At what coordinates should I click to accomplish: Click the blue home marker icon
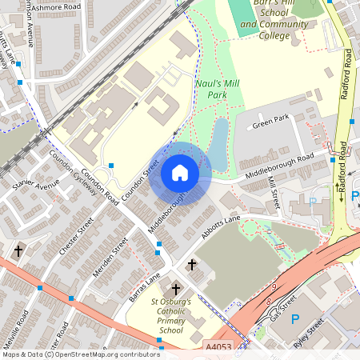(x=180, y=173)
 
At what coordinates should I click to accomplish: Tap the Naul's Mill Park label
(x=217, y=88)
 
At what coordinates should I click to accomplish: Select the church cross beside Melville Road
(x=18, y=251)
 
